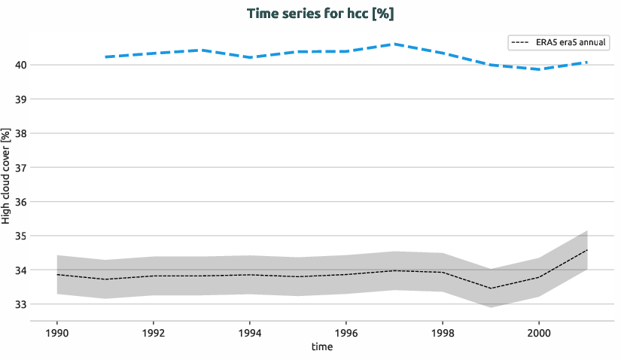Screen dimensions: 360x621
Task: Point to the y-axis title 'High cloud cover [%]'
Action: (7, 176)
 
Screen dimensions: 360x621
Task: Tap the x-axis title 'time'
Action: (321, 347)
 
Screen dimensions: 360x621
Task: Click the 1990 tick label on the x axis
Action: (57, 332)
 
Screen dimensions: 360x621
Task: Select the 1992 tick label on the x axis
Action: (154, 332)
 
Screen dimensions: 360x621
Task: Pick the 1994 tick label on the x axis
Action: (250, 332)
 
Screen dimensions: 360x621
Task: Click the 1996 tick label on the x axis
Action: (346, 332)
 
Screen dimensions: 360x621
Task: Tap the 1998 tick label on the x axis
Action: (443, 332)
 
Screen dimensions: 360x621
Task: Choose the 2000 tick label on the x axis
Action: (538, 332)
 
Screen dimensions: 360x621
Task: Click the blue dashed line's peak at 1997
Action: (394, 44)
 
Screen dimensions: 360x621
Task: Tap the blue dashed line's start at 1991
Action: (105, 57)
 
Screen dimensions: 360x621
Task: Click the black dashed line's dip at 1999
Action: (491, 288)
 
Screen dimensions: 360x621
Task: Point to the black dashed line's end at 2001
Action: (586, 250)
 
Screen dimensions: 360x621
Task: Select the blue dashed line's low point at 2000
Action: (538, 69)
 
